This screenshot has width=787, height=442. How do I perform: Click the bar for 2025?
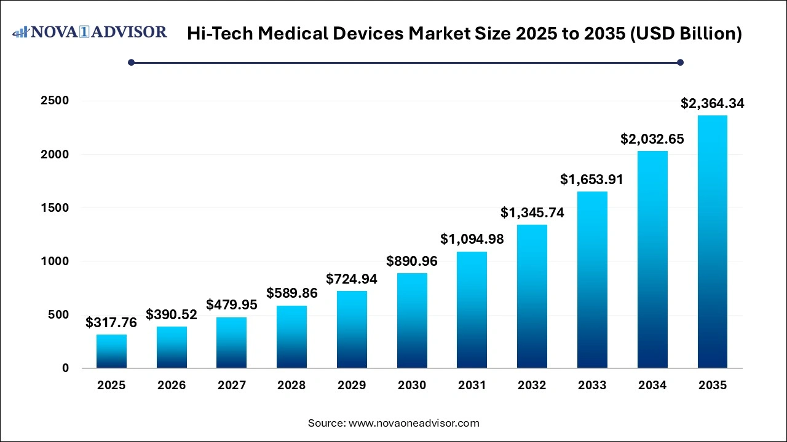coord(111,351)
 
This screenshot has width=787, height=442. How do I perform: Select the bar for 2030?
coord(412,320)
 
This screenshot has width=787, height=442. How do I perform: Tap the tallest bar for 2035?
coord(713,242)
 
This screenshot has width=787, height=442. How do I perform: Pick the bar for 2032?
coord(532,297)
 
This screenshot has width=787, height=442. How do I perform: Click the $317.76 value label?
coord(111,323)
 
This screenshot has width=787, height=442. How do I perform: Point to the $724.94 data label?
coord(352,279)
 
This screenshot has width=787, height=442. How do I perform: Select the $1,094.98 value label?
coord(472,239)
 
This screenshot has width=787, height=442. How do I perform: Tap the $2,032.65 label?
coord(652,139)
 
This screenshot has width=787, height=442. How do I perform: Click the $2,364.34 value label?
coord(713,104)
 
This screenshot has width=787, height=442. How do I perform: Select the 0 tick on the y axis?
coord(65,368)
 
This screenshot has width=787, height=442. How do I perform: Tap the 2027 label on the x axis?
coord(232,386)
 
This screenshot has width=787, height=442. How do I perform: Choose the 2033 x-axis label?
coord(593,386)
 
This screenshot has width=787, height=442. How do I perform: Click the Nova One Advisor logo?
coord(90,32)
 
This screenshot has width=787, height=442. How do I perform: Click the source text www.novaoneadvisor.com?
coord(414,423)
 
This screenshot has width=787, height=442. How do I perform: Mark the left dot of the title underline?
coord(131,62)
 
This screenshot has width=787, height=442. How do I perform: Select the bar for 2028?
coord(292,337)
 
